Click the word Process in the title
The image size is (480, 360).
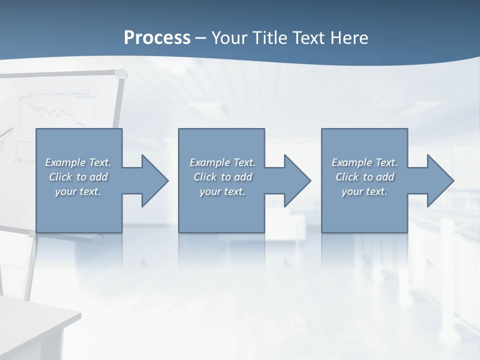(x=157, y=38)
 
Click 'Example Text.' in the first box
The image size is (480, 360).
(x=78, y=162)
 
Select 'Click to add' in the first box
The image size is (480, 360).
(x=78, y=177)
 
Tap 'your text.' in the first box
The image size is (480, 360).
(x=78, y=191)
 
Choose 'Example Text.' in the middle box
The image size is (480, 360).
(x=222, y=162)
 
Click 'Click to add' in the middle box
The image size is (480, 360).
(x=222, y=177)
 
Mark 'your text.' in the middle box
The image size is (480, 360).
(x=222, y=191)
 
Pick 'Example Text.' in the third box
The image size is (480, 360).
(x=364, y=162)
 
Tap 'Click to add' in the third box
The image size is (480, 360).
(x=364, y=177)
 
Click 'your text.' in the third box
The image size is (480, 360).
(x=364, y=191)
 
